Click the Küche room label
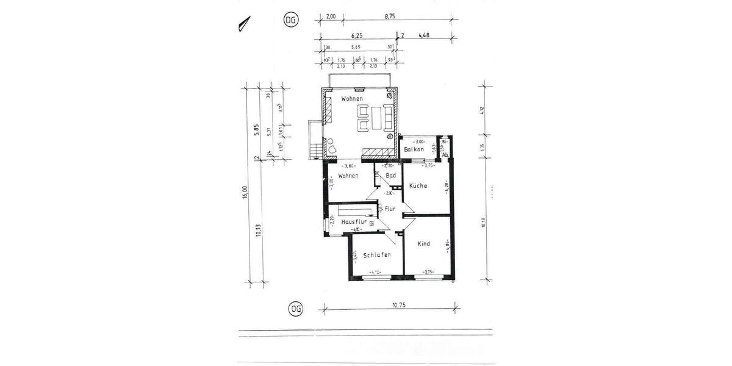click(418, 185)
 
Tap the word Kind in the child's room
click(423, 243)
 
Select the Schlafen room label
click(376, 254)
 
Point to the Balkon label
click(414, 149)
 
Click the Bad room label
click(391, 176)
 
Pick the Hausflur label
click(354, 221)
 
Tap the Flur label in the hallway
click(390, 209)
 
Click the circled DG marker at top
click(292, 20)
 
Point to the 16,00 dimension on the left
click(245, 192)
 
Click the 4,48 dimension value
click(425, 35)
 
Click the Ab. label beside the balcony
click(445, 154)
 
